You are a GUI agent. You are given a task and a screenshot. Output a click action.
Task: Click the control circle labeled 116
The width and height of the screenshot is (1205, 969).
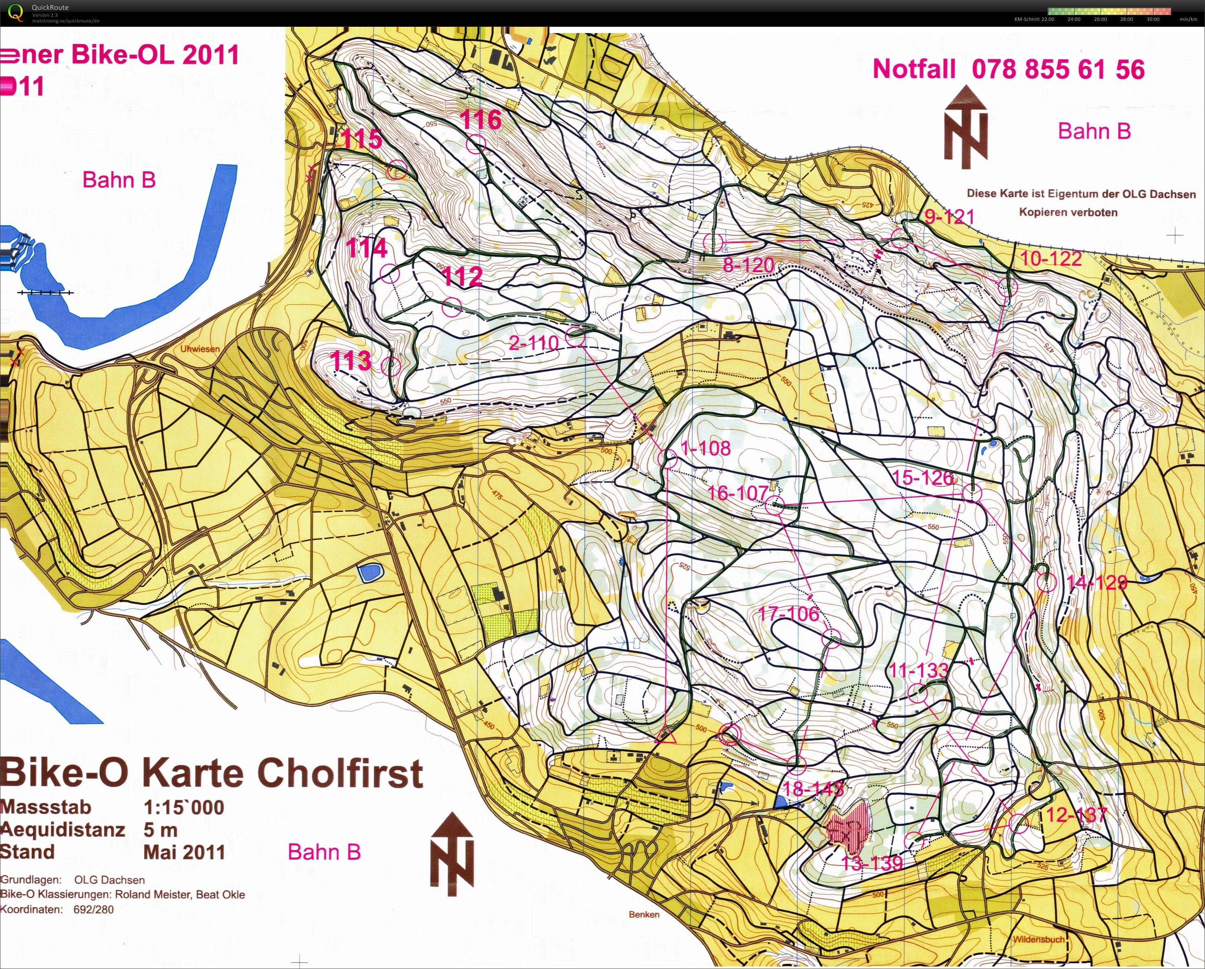[x=476, y=144]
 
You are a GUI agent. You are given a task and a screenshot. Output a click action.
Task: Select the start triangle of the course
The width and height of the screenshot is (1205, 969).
[x=664, y=734]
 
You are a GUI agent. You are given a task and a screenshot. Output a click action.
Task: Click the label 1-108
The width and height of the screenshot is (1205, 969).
[x=705, y=448]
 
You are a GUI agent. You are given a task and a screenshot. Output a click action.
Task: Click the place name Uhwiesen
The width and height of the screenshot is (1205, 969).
[x=199, y=349]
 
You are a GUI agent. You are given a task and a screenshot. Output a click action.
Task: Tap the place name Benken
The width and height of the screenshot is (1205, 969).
[x=644, y=915]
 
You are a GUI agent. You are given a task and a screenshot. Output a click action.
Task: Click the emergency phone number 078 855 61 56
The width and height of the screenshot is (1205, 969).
[x=1058, y=70]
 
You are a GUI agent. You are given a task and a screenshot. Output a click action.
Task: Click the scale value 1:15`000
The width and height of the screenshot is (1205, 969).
[x=183, y=808]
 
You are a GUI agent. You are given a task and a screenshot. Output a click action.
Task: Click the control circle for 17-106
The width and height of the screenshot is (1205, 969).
[x=832, y=638]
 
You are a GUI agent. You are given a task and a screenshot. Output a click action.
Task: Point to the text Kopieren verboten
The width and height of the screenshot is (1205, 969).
[x=1068, y=212]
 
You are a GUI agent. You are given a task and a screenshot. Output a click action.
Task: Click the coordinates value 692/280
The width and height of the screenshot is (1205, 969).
[x=93, y=909]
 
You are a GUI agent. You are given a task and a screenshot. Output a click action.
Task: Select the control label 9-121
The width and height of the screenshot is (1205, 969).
[x=949, y=216]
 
